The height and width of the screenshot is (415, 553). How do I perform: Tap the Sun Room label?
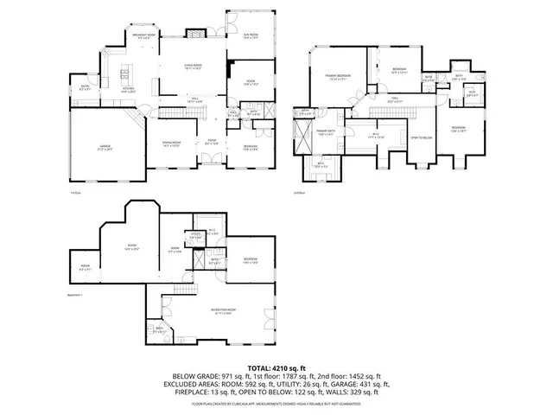click(251, 36)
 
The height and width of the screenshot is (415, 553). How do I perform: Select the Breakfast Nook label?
click(144, 36)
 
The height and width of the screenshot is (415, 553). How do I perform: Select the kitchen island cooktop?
click(126, 69)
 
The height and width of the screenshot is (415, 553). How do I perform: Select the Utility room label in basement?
click(195, 235)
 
